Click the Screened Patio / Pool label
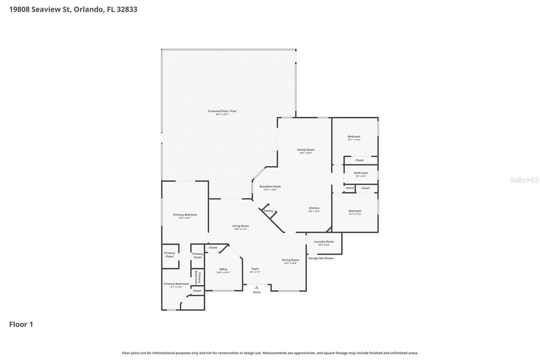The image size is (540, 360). click(222, 111)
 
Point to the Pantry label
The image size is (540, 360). click(268, 211)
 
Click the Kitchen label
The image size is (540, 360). click(314, 208)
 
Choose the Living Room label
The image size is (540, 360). click(240, 226)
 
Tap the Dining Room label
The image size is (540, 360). click(290, 260)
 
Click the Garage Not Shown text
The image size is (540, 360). click(321, 258)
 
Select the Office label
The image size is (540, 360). click(223, 270)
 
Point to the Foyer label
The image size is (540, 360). click(255, 269)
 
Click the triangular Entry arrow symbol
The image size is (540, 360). click(256, 287)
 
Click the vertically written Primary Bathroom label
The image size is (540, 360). click(197, 277)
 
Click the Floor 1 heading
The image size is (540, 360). click(21, 325)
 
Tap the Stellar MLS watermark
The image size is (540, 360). click(524, 180)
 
